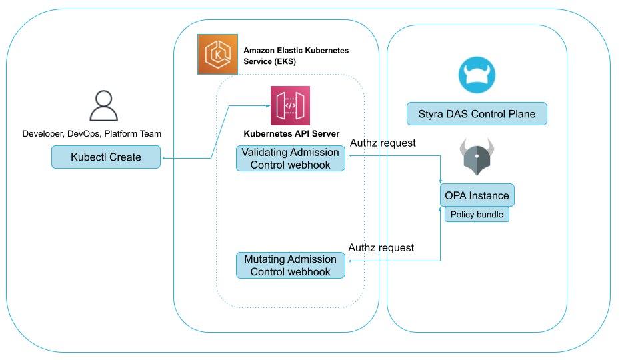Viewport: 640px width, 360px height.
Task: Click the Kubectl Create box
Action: point(106,157)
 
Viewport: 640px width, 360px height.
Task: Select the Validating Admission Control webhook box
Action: point(290,159)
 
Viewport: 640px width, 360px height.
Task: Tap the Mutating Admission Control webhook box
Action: point(290,265)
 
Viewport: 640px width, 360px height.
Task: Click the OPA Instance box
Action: point(477,195)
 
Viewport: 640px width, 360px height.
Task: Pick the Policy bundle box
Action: point(477,215)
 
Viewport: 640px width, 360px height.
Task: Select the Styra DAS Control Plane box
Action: point(477,114)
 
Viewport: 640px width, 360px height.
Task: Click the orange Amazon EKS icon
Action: point(217,54)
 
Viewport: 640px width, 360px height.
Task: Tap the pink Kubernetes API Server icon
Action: point(290,105)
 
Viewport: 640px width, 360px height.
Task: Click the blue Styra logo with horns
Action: point(477,74)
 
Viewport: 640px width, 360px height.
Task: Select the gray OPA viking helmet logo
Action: point(477,157)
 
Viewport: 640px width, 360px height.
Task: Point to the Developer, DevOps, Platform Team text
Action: point(92,133)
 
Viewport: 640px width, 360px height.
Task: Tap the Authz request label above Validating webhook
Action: point(383,143)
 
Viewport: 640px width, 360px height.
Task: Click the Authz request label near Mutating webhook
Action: point(381,248)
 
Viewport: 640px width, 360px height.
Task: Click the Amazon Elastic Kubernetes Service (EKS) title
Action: point(296,55)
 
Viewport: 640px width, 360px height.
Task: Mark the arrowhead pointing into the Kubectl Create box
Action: point(163,158)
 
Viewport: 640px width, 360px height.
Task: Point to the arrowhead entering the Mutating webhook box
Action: point(348,261)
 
